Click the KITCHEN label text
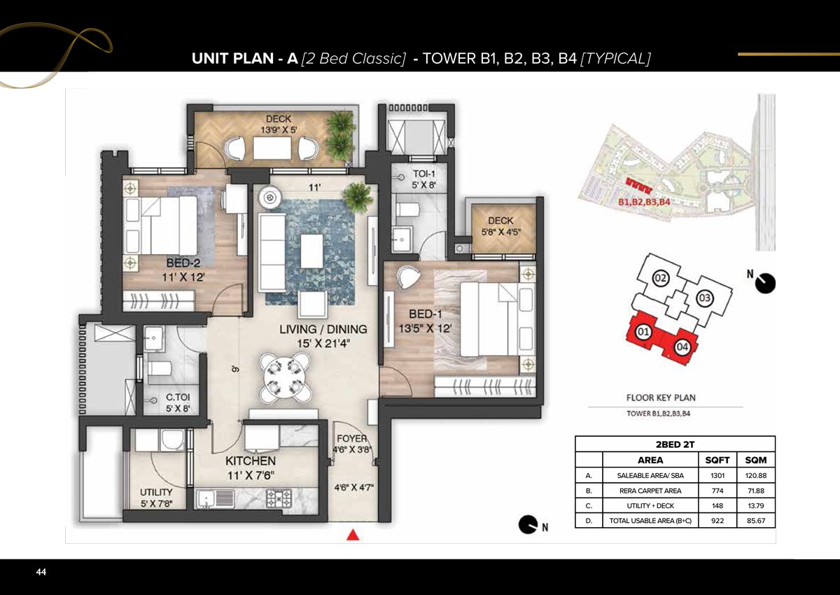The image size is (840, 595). pyautogui.click(x=250, y=461)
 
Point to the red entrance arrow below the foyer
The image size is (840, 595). pyautogui.click(x=353, y=535)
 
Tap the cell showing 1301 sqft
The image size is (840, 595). pyautogui.click(x=718, y=476)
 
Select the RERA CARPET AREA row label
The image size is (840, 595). pyautogui.click(x=649, y=491)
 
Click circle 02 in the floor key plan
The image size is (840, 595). pyautogui.click(x=660, y=279)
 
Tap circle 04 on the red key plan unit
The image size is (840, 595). pyautogui.click(x=683, y=346)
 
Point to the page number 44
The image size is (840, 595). pyautogui.click(x=41, y=573)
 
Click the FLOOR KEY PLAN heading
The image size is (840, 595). pyautogui.click(x=660, y=398)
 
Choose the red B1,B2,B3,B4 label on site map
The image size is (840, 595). pyautogui.click(x=644, y=202)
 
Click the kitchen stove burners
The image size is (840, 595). pyautogui.click(x=279, y=498)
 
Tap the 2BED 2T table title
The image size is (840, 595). pyautogui.click(x=674, y=444)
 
